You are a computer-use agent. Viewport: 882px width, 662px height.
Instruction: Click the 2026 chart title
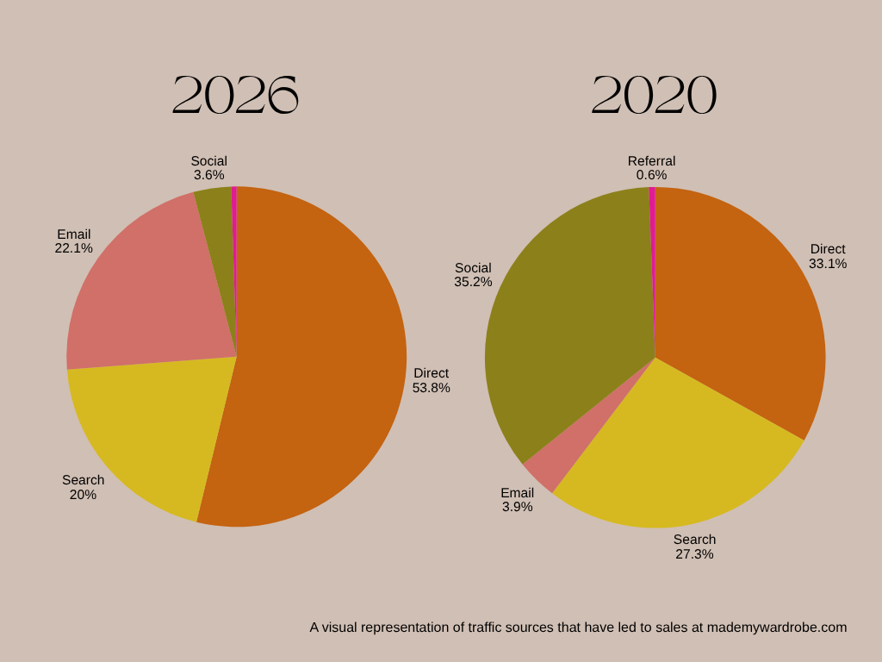point(235,95)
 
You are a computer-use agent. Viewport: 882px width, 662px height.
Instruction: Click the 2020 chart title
point(655,95)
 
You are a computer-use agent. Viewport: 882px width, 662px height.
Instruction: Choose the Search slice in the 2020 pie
point(675,462)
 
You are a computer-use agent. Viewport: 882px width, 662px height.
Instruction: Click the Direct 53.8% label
point(431,380)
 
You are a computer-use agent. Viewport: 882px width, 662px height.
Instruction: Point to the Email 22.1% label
point(74,241)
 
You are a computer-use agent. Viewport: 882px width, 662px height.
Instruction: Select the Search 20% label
point(84,488)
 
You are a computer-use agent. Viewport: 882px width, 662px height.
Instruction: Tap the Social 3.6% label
point(208,168)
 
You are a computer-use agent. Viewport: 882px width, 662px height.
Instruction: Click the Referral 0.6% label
point(651,168)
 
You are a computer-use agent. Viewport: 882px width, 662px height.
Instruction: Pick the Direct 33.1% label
point(828,256)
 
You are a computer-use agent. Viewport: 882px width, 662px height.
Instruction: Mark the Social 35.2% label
point(473,275)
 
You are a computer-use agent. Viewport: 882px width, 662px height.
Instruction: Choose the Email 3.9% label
point(517,500)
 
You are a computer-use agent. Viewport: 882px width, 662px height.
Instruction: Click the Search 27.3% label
point(694,546)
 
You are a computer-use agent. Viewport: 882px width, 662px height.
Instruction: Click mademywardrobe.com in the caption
point(777,628)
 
